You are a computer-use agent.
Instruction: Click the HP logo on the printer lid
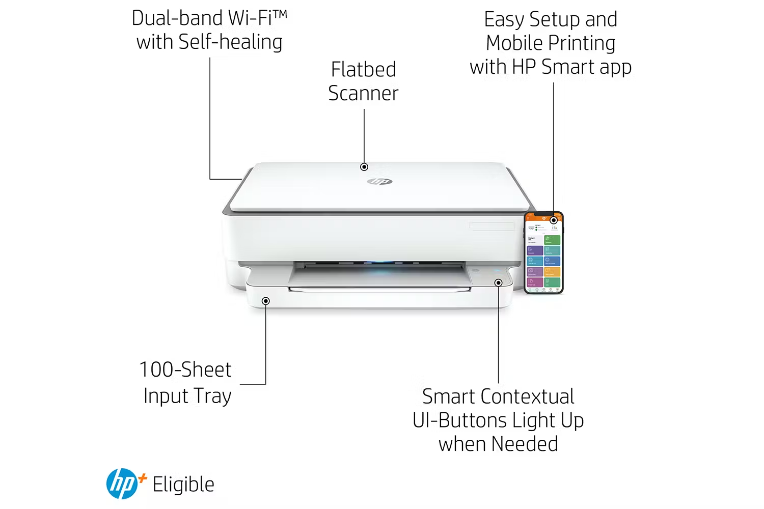point(380,181)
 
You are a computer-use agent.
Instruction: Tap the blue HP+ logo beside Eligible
point(122,484)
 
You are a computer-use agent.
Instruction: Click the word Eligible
point(183,485)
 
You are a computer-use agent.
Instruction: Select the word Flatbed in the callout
point(363,69)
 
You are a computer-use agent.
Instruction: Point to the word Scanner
point(363,93)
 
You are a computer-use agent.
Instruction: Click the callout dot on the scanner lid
point(364,167)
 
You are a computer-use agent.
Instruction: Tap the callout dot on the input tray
point(266,301)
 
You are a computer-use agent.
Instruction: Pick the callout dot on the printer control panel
point(499,283)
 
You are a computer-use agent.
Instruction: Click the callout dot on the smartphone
point(554,220)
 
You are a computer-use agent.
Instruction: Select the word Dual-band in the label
point(177,18)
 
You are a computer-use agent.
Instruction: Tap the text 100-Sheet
point(185,370)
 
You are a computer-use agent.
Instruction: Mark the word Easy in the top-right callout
point(504,19)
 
